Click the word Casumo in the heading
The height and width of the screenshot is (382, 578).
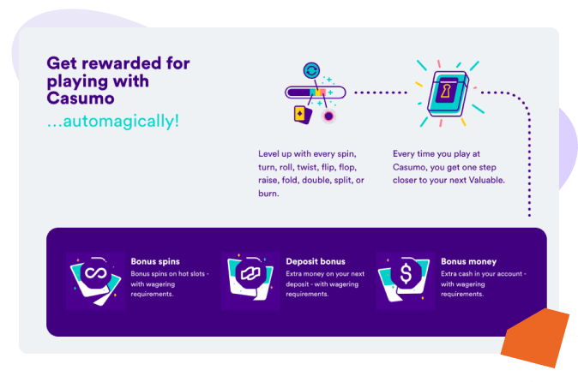77,98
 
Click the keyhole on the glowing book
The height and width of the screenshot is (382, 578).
447,89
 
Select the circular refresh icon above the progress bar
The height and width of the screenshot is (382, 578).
312,71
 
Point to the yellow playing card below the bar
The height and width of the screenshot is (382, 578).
301,113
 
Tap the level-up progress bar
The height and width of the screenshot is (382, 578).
316,92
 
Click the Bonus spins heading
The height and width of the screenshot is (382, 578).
155,260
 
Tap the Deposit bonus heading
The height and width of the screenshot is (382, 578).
316,260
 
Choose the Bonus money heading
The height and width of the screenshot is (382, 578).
468,260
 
